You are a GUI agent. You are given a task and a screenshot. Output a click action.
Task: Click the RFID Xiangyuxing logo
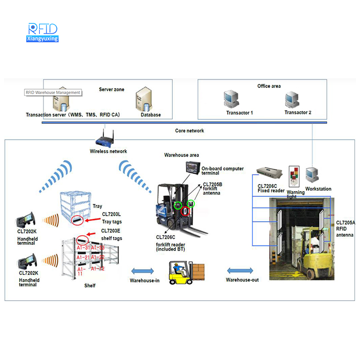coord(43,32)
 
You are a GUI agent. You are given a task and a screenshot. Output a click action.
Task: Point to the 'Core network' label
coord(189,131)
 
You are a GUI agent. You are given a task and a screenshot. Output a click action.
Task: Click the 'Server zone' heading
coord(112,90)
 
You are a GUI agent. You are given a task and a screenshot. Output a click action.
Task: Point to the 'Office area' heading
coord(269,86)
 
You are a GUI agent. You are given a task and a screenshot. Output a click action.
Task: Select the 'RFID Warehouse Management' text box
coord(53,93)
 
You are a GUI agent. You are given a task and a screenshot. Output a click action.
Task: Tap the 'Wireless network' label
coord(108,152)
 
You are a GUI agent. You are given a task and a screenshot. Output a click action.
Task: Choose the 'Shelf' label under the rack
coord(90,286)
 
